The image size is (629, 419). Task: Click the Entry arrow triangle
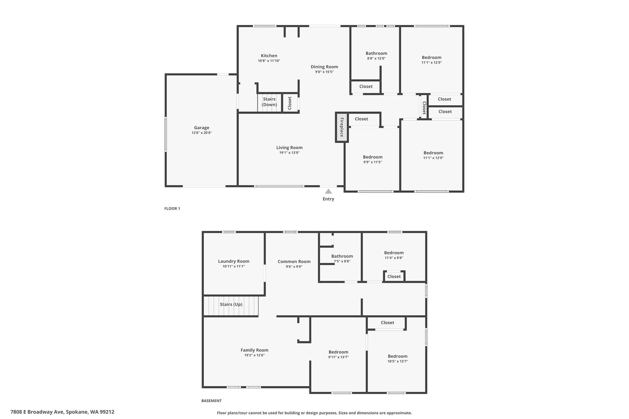pos(328,191)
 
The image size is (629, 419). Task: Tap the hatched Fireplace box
pos(342,127)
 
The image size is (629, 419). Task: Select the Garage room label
pos(201,128)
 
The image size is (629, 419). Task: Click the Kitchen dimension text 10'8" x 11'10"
pos(269,61)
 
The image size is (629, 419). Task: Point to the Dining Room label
pos(324,67)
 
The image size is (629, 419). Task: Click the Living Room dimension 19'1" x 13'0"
pos(289,153)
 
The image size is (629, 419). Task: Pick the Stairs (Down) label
pos(269,102)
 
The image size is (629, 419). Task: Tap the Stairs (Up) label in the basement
pos(231,305)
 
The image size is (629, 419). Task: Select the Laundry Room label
pos(234,261)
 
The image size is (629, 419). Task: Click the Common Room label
pos(294,262)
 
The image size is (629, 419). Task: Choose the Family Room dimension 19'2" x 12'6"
pos(254,355)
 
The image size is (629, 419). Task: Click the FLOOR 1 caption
pos(172,208)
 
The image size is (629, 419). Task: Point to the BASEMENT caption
pos(211,401)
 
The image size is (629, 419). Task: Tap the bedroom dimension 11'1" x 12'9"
pos(433,158)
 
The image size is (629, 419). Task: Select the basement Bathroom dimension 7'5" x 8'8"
pos(342,261)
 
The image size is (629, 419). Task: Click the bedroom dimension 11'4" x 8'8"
pos(394,258)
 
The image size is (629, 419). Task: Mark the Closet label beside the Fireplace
pos(361,119)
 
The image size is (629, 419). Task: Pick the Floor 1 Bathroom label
pos(376,53)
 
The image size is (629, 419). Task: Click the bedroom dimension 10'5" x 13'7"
pos(397,361)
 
